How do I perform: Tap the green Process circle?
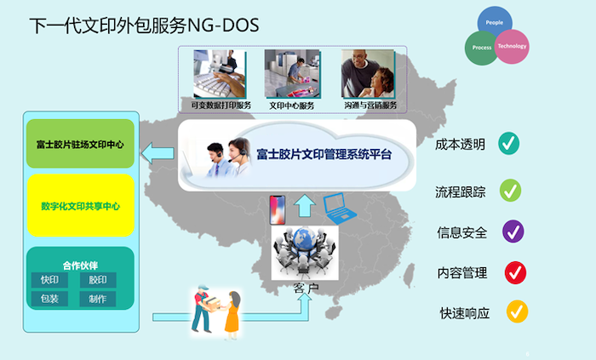(482, 48)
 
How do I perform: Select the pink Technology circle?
(511, 47)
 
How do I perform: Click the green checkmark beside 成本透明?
(510, 143)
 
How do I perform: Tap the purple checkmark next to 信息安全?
(513, 231)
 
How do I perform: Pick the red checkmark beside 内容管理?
(514, 272)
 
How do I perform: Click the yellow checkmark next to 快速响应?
(516, 311)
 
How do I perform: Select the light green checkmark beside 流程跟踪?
(511, 191)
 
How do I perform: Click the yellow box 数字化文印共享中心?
(80, 206)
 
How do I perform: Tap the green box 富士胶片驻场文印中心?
(80, 145)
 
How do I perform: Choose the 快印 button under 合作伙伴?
(49, 280)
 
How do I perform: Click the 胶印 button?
(98, 280)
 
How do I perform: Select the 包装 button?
(49, 299)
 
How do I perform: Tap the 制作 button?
(98, 299)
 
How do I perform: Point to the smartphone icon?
(275, 207)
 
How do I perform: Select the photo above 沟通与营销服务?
(368, 74)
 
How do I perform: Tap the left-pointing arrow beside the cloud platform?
(157, 154)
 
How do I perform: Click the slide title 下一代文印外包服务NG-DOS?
(144, 26)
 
